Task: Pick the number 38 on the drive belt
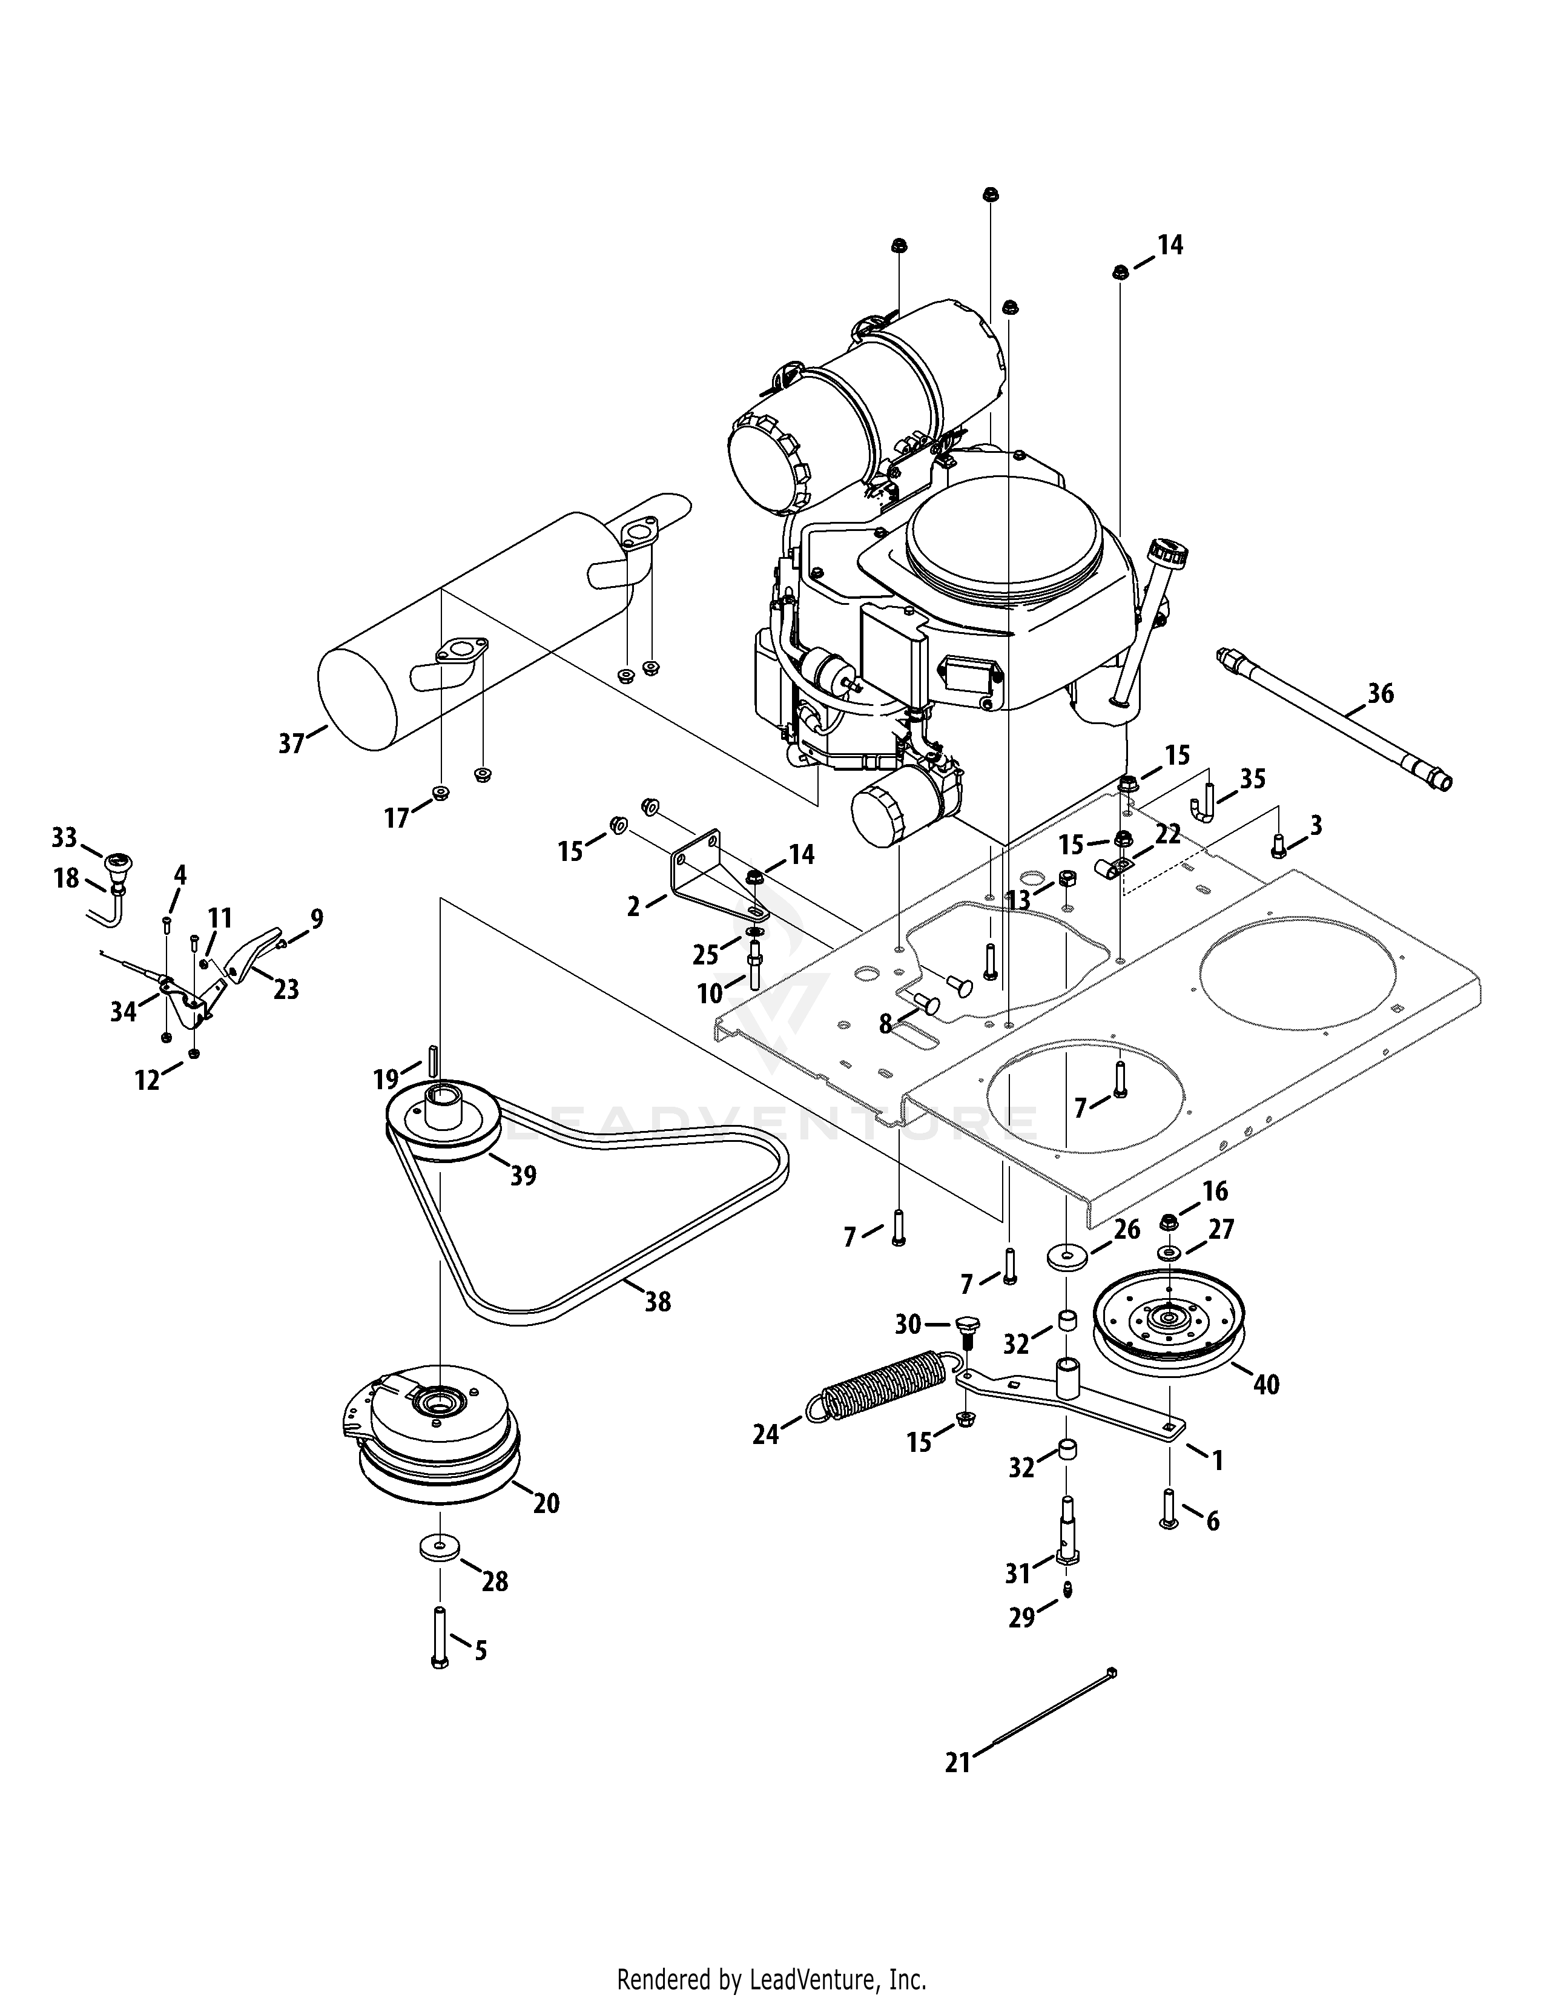[658, 1301]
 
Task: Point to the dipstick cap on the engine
[1167, 555]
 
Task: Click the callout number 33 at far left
[64, 837]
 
